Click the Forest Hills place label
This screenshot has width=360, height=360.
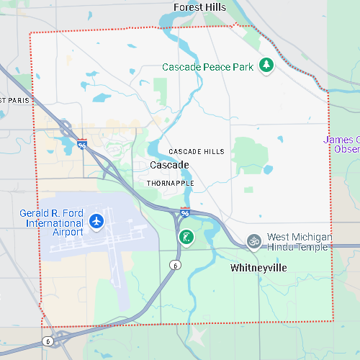tap(199, 7)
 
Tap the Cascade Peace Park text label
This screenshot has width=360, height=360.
tap(207, 67)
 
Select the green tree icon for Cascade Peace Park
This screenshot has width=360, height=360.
tap(266, 66)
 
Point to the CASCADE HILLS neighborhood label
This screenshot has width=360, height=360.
tap(197, 152)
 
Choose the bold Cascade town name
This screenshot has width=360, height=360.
tap(169, 166)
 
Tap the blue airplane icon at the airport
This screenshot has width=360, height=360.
tap(96, 222)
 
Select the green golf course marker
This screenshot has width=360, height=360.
tap(186, 238)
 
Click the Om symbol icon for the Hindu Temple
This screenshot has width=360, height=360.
tap(253, 241)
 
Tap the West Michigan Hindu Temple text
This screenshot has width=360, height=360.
tap(299, 242)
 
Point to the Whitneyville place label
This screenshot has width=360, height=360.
tap(258, 268)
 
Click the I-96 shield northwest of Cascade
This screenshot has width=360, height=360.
tap(82, 143)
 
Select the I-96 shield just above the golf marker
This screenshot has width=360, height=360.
tap(185, 213)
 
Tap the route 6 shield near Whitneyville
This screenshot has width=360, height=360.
tap(174, 265)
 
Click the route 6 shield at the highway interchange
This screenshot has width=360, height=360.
tap(48, 341)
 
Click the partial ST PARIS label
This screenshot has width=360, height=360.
tap(14, 100)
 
